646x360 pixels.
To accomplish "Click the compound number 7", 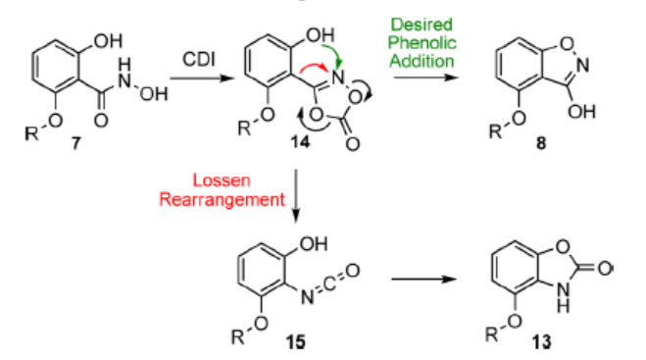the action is [75, 142].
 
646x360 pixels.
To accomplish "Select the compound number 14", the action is [300, 142].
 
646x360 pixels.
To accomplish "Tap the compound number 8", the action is [541, 142].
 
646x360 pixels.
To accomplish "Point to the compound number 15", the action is [295, 342].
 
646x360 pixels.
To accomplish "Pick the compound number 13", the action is [541, 342].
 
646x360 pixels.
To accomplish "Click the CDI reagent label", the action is [199, 60].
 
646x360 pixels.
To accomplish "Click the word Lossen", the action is [222, 180].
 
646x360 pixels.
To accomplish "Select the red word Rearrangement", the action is [222, 199].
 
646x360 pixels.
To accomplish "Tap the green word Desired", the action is [422, 25].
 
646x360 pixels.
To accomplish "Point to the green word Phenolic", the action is [422, 42].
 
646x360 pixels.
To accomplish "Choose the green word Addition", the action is [422, 61].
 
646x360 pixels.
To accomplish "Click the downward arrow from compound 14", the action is [296, 196].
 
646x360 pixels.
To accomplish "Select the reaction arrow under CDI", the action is [202, 77].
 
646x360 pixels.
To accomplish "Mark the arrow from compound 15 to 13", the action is [423, 280].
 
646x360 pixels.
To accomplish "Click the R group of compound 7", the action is [31, 133].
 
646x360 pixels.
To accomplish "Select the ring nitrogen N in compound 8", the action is [582, 65].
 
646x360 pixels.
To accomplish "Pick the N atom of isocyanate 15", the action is [307, 297].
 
